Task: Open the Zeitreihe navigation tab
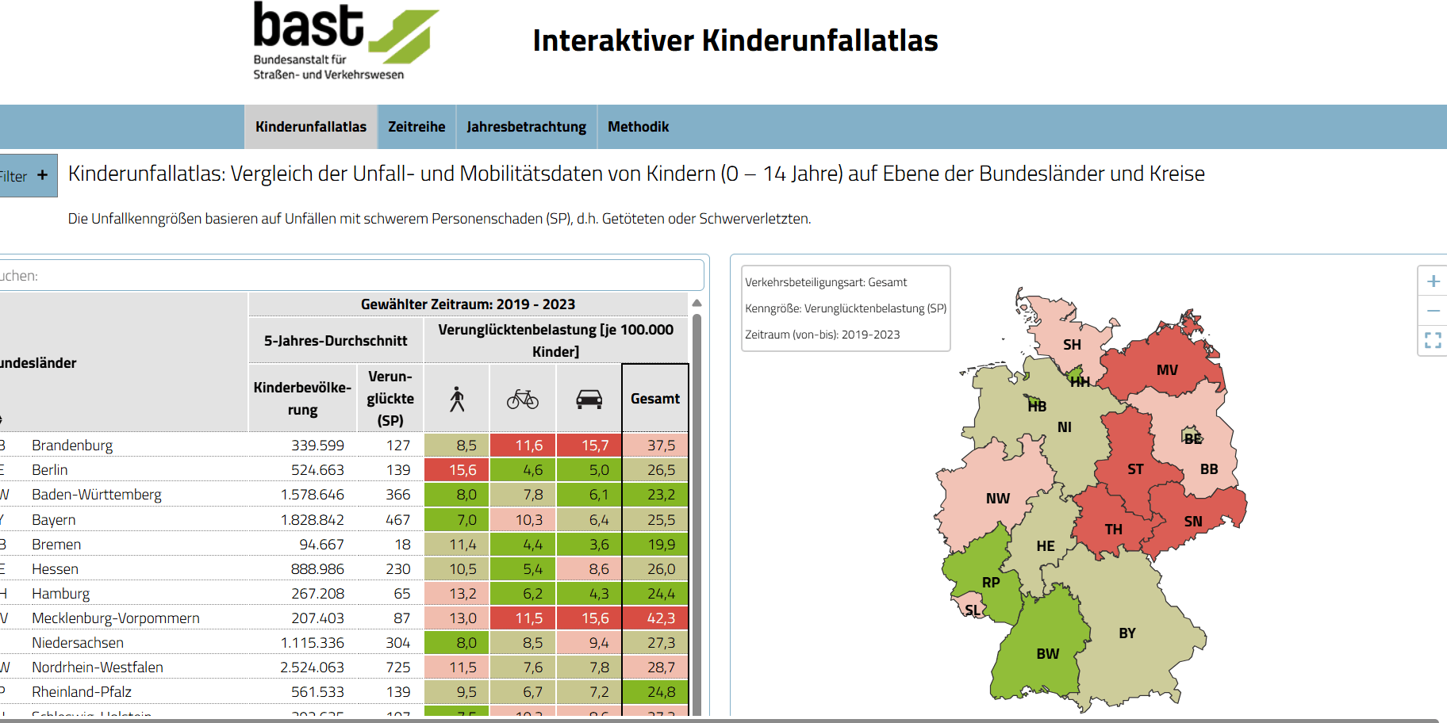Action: tap(416, 127)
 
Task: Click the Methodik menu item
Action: tap(638, 127)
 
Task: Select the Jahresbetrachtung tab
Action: tap(526, 127)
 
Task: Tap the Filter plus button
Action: tap(42, 175)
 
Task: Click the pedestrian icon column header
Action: tap(457, 399)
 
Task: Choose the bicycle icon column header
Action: tap(523, 399)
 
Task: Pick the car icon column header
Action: tap(589, 399)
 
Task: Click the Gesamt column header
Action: tap(655, 399)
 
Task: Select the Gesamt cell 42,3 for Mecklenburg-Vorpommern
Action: tap(661, 618)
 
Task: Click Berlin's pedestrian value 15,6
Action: tap(463, 470)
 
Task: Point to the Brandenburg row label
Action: tap(72, 446)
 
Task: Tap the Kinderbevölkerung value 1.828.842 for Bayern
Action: tap(312, 520)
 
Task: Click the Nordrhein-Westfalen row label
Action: tap(98, 668)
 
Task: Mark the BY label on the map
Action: tap(1127, 633)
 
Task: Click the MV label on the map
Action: tap(1167, 370)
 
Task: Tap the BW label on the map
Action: tap(1047, 654)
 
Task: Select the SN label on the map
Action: tap(1193, 522)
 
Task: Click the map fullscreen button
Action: tap(1433, 340)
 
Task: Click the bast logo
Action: tap(344, 40)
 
